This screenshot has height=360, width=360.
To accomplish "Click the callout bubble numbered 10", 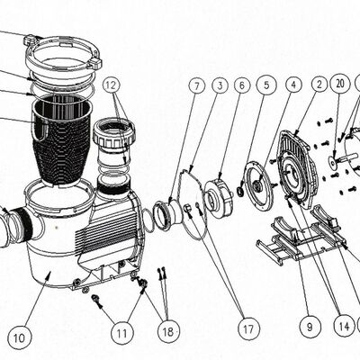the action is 20,337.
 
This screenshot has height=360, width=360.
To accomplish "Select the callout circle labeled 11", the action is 121,332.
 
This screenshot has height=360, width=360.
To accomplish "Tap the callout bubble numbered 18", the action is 168,331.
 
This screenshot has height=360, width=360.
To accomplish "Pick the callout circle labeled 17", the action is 248,328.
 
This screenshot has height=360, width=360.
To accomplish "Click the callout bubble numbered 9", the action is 310,327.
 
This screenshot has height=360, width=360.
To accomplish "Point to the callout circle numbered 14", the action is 345,326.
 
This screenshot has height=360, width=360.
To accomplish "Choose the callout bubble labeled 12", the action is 111,85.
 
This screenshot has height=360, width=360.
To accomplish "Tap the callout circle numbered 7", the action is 197,86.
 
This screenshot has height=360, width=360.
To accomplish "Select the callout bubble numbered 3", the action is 220,85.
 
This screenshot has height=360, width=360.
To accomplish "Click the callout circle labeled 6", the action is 242,85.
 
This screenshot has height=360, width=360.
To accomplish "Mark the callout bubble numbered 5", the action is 266,85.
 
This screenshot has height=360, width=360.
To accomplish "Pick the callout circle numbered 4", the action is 293,85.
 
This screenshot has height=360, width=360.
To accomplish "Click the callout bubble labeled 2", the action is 319,85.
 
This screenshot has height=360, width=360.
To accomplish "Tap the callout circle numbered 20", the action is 339,84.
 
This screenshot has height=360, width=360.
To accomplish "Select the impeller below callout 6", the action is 219,196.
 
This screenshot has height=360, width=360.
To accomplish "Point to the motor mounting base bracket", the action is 300,237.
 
